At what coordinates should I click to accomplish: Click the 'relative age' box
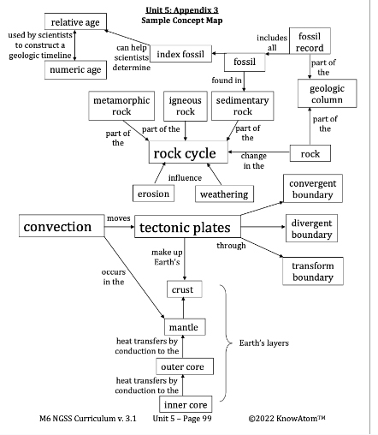[x=75, y=22]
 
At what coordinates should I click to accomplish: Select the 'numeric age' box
[x=75, y=69]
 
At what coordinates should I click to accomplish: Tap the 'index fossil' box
[x=181, y=55]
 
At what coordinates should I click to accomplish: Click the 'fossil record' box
[x=310, y=42]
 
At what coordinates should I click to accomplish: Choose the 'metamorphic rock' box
[x=122, y=106]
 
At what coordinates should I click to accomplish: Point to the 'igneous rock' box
[x=186, y=106]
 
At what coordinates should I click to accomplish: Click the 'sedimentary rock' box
[x=243, y=106]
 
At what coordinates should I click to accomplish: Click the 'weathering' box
[x=223, y=194]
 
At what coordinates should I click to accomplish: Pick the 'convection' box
[x=57, y=227]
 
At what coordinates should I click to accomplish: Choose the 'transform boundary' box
[x=312, y=271]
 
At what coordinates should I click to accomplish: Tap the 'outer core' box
[x=186, y=366]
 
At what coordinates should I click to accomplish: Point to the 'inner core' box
[x=185, y=404]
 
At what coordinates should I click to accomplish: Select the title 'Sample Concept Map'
[x=186, y=18]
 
